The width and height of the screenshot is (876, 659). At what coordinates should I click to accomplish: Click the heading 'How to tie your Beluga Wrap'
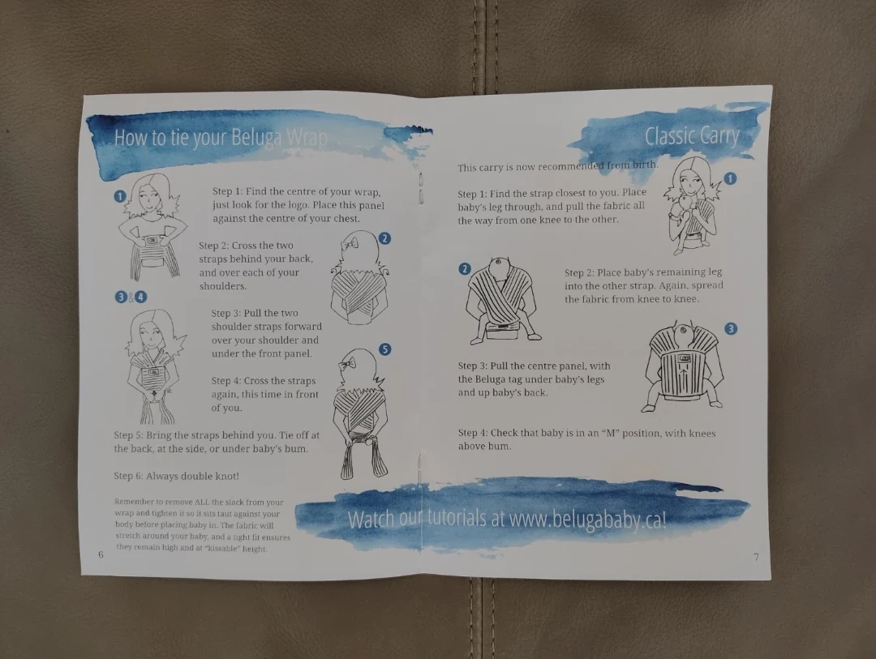[x=221, y=137]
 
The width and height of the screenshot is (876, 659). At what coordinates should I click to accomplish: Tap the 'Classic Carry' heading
[x=692, y=135]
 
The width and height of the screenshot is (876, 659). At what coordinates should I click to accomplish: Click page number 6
[x=101, y=554]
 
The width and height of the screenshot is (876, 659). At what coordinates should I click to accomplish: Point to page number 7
[x=756, y=557]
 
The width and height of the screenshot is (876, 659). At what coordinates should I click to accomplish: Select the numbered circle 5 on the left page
[x=385, y=349]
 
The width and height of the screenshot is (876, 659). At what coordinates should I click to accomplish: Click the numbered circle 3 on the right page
[x=731, y=328]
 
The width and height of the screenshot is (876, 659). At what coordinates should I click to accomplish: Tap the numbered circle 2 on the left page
[x=384, y=238]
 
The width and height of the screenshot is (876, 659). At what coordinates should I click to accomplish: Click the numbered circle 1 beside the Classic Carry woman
[x=730, y=178]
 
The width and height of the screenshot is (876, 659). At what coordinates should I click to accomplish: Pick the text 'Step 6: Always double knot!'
[x=177, y=476]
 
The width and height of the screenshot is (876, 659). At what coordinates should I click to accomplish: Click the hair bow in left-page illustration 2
[x=351, y=243]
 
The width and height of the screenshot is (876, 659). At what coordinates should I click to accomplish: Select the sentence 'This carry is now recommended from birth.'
[x=557, y=166]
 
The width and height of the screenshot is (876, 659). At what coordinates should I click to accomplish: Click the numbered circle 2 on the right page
[x=465, y=269]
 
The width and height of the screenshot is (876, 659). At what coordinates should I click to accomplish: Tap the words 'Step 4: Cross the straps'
[x=264, y=381]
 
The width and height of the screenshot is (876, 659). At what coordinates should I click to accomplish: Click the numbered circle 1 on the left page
[x=119, y=197]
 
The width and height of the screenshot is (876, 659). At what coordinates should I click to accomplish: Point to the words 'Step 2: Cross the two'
[x=247, y=246]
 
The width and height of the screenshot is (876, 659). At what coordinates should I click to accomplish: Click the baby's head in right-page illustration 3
[x=683, y=332]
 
